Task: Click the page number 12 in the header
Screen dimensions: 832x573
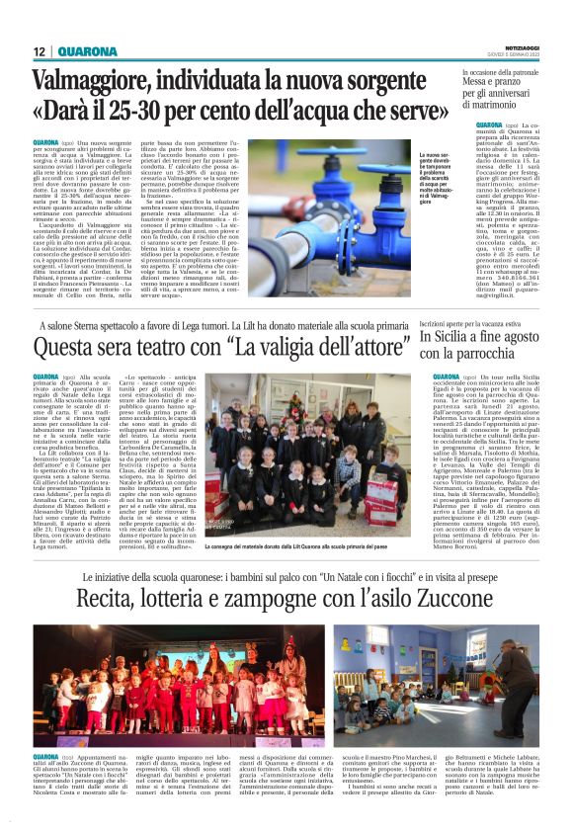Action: click(x=39, y=52)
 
